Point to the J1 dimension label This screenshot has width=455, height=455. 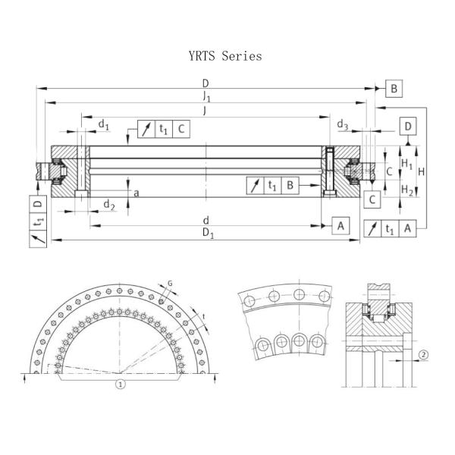tap(206, 96)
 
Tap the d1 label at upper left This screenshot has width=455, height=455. tap(105, 124)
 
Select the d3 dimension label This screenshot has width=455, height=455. tap(342, 124)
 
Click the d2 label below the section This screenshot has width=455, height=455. tap(109, 205)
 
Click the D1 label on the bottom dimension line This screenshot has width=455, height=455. tap(207, 234)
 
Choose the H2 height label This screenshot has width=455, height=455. tap(407, 189)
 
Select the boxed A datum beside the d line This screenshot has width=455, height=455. tap(340, 225)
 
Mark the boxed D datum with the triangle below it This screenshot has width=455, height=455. tap(408, 126)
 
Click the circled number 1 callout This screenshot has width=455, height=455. tap(119, 384)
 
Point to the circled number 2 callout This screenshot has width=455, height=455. tap(424, 354)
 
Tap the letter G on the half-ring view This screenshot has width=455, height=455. tap(169, 283)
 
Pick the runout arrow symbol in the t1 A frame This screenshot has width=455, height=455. tap(372, 228)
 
